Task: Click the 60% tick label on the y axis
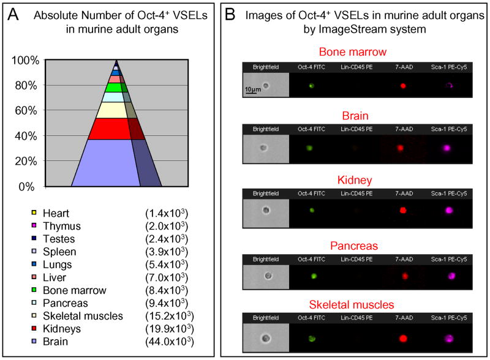point(28,111)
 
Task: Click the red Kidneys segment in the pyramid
point(110,129)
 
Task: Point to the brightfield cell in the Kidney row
point(265,210)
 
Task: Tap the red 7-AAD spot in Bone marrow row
point(402,86)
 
